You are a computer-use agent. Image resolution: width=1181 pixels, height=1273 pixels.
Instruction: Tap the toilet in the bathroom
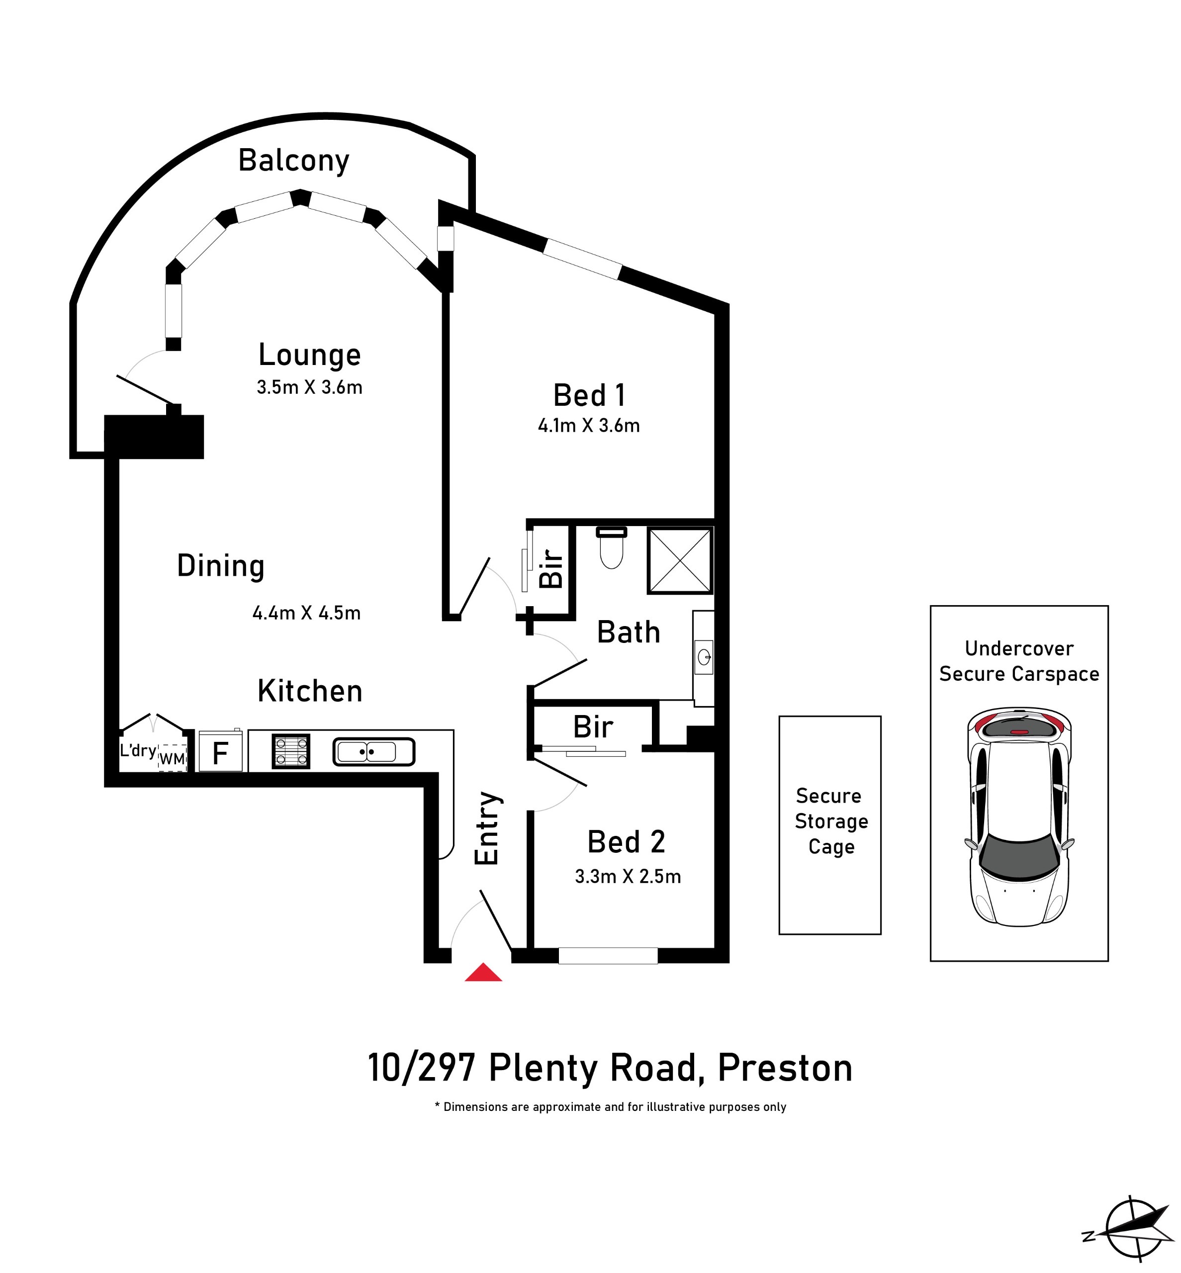(612, 547)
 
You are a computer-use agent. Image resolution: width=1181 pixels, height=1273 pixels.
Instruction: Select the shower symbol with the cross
(680, 560)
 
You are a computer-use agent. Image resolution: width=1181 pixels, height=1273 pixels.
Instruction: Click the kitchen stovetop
(291, 751)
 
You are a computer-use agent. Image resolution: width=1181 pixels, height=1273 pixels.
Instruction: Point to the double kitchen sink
(374, 751)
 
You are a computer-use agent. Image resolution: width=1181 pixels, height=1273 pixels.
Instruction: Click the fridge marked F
(220, 751)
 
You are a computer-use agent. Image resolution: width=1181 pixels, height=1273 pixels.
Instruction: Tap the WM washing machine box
(172, 758)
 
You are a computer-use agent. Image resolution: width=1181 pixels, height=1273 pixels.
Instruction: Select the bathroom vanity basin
(704, 657)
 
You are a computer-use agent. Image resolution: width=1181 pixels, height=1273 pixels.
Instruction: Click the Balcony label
(294, 161)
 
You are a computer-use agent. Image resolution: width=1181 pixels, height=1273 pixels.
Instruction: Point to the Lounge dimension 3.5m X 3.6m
(309, 387)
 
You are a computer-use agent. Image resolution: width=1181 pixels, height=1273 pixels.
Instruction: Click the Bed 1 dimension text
(589, 426)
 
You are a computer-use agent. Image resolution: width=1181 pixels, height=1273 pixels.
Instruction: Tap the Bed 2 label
(626, 842)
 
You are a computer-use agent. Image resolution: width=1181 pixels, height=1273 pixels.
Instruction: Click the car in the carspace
(1019, 817)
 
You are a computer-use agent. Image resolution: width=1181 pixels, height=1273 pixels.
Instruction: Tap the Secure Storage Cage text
(831, 821)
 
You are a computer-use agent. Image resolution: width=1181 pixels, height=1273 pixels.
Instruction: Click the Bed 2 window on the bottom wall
(608, 956)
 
